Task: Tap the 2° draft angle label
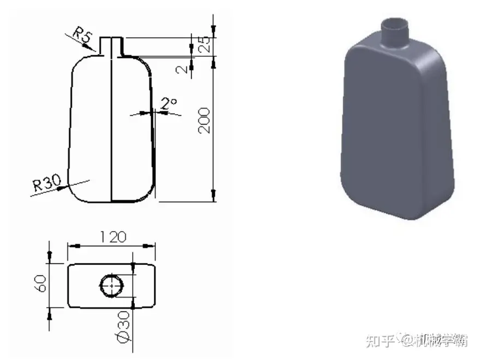click(x=169, y=103)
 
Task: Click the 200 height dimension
click(x=206, y=119)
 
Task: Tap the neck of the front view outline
click(x=111, y=45)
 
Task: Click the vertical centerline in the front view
click(x=111, y=124)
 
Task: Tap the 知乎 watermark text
click(x=379, y=340)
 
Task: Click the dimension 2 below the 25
click(x=182, y=69)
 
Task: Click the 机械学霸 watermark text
click(x=441, y=340)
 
